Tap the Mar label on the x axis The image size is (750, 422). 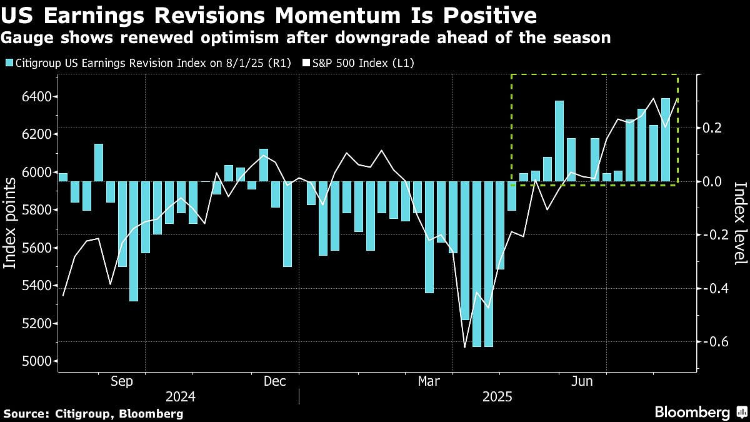click(x=430, y=381)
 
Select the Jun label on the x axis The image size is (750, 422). click(x=582, y=381)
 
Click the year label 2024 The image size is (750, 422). click(x=181, y=397)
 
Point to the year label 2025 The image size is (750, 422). click(x=497, y=397)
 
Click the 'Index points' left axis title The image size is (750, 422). click(x=11, y=223)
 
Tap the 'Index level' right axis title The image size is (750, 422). click(x=740, y=223)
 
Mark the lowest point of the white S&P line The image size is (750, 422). click(x=465, y=347)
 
